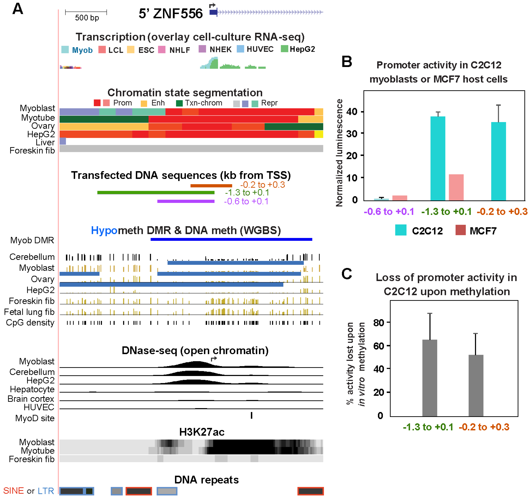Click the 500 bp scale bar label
87,18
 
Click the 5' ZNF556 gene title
171,13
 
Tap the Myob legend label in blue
82,50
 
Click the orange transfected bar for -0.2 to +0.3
211,186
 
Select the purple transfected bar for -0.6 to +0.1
186,201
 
